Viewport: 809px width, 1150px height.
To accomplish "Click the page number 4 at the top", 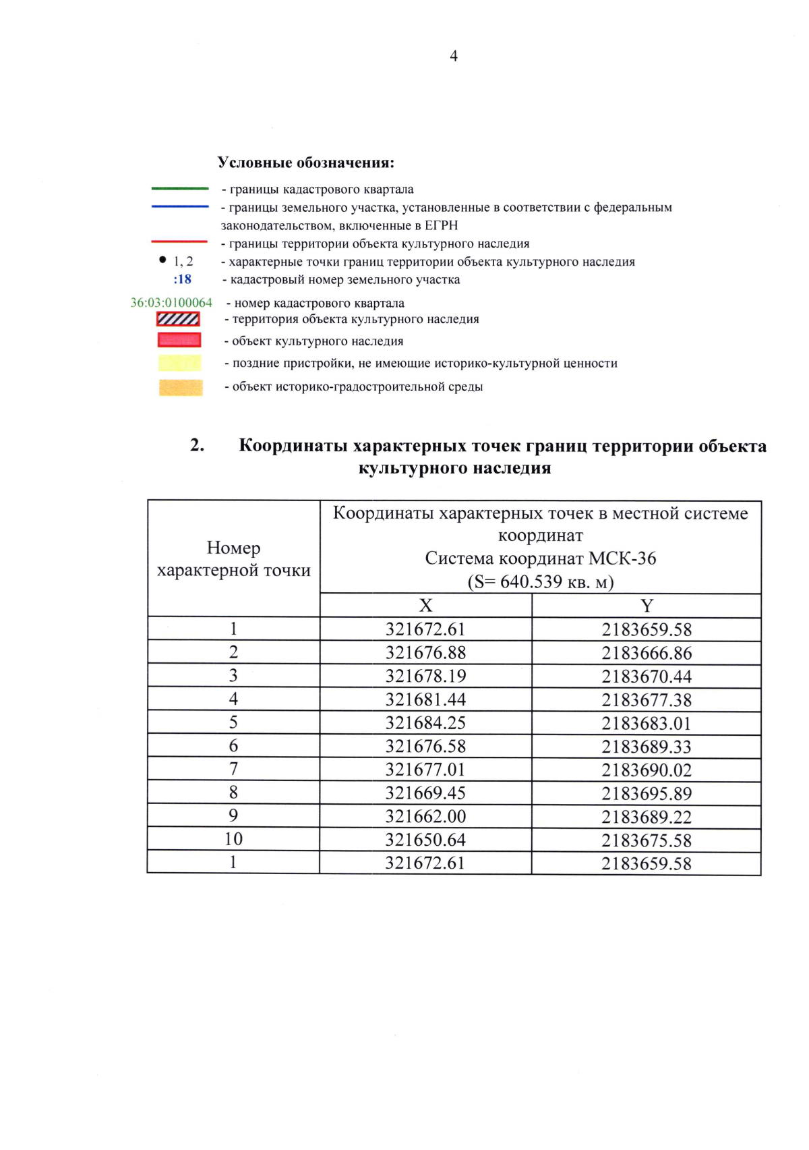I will click(x=454, y=56).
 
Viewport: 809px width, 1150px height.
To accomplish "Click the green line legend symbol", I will click(x=179, y=189).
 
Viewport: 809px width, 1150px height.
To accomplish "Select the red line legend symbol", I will click(x=179, y=241).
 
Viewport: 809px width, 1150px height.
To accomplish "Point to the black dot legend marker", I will click(x=162, y=260).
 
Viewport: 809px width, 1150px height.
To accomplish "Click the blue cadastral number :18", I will click(x=182, y=279).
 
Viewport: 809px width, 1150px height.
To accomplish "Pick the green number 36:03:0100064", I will click(x=171, y=303).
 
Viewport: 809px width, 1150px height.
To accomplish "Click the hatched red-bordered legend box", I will click(x=179, y=319).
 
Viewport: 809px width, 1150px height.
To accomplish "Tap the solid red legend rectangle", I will click(x=179, y=340).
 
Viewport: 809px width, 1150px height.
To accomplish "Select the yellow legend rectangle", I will click(x=179, y=363).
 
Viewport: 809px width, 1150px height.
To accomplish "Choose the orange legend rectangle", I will click(x=180, y=387).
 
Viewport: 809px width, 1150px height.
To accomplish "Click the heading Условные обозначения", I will click(x=305, y=163).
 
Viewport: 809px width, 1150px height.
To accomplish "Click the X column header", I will click(x=425, y=606).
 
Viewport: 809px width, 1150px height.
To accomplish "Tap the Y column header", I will click(x=647, y=606).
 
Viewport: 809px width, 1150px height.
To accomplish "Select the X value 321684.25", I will click(x=425, y=723).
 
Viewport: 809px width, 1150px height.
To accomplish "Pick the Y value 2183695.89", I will click(x=647, y=794).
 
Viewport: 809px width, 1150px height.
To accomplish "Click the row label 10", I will click(x=233, y=839).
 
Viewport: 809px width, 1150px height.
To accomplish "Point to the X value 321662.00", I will click(x=425, y=817).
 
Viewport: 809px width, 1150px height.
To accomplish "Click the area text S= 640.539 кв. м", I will click(x=541, y=581).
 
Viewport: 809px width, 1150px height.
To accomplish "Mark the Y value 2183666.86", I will click(x=647, y=653).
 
